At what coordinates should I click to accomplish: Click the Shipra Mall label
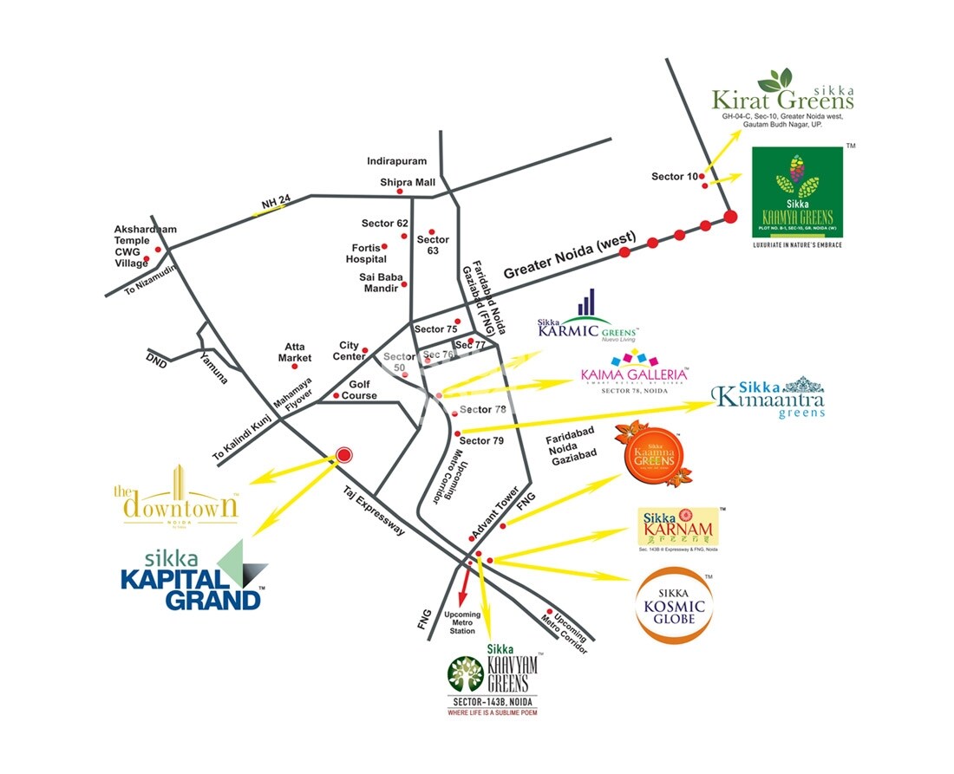(407, 183)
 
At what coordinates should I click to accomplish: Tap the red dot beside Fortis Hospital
(384, 247)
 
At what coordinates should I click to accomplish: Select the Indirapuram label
(394, 161)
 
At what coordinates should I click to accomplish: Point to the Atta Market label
(295, 352)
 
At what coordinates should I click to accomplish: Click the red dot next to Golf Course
(337, 396)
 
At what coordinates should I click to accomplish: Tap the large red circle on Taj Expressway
(344, 454)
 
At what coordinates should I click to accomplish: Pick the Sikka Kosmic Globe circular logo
(674, 607)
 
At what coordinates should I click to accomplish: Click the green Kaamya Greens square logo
(796, 192)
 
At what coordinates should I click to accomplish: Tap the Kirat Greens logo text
(782, 94)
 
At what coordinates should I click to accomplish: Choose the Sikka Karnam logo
(677, 527)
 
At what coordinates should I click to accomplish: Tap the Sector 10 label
(674, 177)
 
